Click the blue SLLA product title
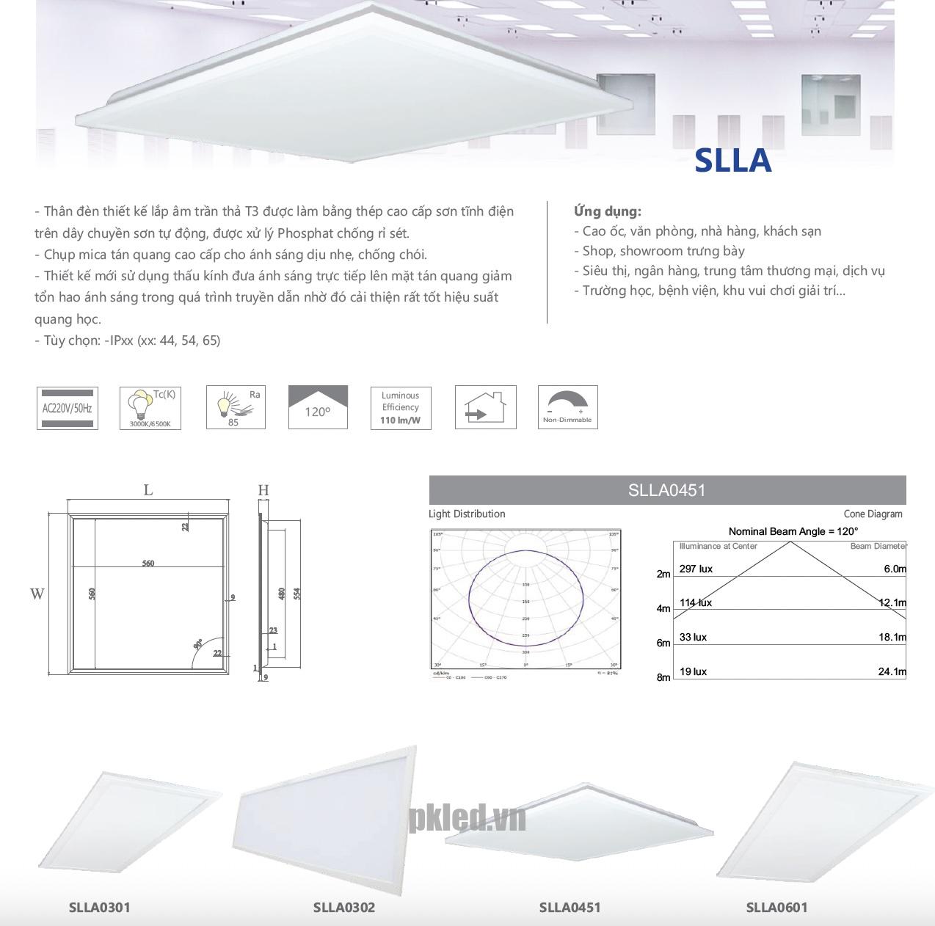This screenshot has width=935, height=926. point(732,161)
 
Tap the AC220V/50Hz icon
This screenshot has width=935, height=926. point(67,407)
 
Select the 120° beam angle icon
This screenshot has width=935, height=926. point(318,407)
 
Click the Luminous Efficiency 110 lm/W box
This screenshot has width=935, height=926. point(400,407)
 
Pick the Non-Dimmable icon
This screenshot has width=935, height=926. point(567,407)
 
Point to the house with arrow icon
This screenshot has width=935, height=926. point(485,407)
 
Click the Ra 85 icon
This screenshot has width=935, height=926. point(236,407)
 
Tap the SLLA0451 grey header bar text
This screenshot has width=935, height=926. point(666,490)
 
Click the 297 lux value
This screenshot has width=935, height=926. point(696,569)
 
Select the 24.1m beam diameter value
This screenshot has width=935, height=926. point(892,671)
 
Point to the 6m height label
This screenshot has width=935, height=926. point(663,643)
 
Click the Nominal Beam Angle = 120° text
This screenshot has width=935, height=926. point(793,531)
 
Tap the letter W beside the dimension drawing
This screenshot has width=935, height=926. point(37,594)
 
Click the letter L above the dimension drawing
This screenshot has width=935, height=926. point(148,490)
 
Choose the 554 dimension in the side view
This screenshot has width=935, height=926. point(297,593)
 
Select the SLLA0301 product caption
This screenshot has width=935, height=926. point(99,907)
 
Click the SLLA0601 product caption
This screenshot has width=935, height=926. point(776,907)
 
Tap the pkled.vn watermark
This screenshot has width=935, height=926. point(467,817)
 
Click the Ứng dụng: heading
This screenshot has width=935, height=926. point(607,211)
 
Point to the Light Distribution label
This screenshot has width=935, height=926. point(467,514)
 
